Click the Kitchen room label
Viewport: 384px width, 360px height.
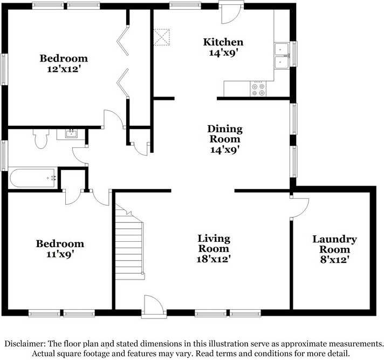223,42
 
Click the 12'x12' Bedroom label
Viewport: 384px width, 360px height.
64,58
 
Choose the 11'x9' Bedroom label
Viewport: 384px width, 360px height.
60,244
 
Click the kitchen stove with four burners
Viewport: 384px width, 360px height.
258,89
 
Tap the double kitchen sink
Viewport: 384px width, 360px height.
281,56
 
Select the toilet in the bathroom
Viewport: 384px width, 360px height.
40,139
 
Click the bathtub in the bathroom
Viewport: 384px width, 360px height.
32,178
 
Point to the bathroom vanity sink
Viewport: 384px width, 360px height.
71,133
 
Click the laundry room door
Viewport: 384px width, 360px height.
299,208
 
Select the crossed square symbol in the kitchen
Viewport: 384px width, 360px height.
161,36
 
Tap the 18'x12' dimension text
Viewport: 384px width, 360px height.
214,259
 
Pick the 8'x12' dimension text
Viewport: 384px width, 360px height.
334,260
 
